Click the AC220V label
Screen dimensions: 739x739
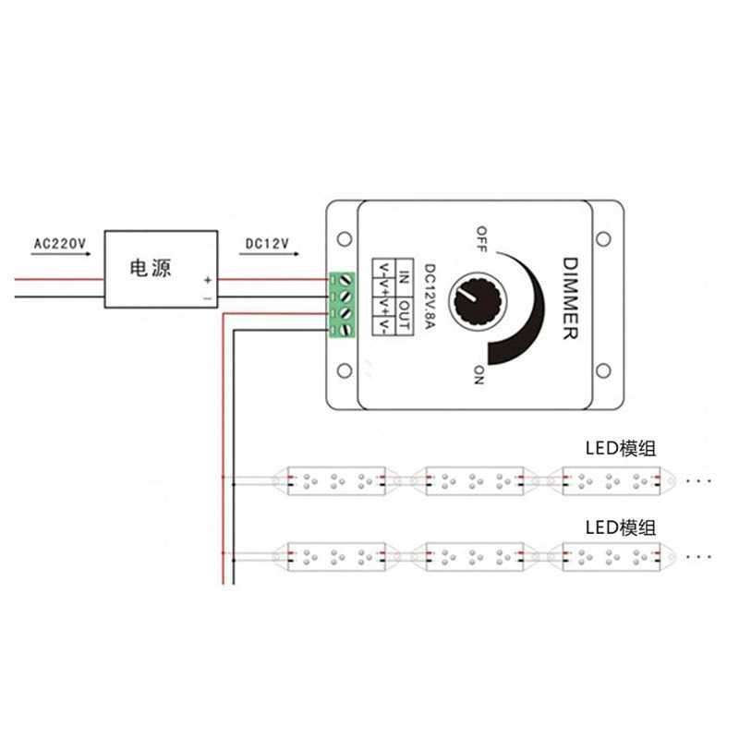pos(60,244)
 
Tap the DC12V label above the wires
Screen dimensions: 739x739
pos(268,244)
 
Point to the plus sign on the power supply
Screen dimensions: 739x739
pos(208,280)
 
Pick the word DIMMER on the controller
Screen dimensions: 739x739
pos(568,297)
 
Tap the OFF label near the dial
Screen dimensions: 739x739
pos(481,237)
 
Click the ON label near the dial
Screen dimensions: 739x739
pos(479,374)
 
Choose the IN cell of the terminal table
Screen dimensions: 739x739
pos(404,275)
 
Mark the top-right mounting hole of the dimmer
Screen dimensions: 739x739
pos(604,238)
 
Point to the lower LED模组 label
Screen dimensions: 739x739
pos(621,527)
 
